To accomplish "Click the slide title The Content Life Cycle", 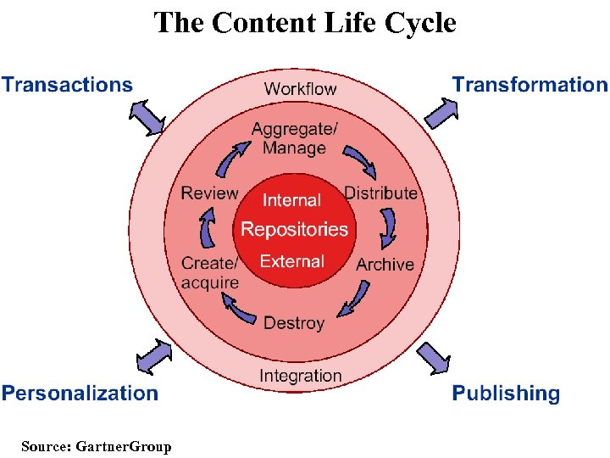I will [305, 22].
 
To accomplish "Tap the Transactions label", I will [67, 85].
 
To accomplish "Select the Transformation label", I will [530, 85].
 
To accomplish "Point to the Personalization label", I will [80, 394].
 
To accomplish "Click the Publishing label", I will [506, 394].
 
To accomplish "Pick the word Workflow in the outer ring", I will [300, 88].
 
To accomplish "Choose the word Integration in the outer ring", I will [300, 376].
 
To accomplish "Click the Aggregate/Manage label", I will [294, 138].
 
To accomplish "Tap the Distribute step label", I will [380, 193].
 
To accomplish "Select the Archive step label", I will [385, 265].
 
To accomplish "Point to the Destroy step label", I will [294, 323].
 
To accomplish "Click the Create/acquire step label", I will [209, 272].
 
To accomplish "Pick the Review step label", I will [209, 193].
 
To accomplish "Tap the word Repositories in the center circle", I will [294, 229].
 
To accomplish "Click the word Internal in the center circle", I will [291, 200].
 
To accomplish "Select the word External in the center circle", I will [291, 261].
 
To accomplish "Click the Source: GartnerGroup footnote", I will [96, 446].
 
